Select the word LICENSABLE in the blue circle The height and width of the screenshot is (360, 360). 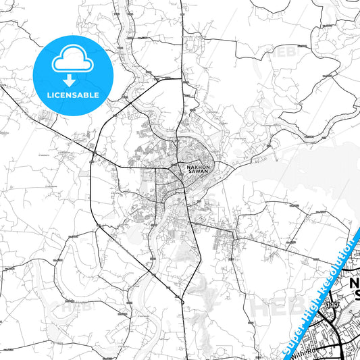72,95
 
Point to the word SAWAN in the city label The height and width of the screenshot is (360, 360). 193,172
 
